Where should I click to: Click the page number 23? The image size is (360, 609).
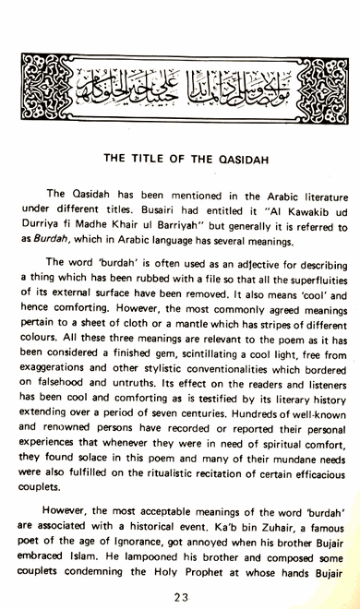[x=180, y=597]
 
